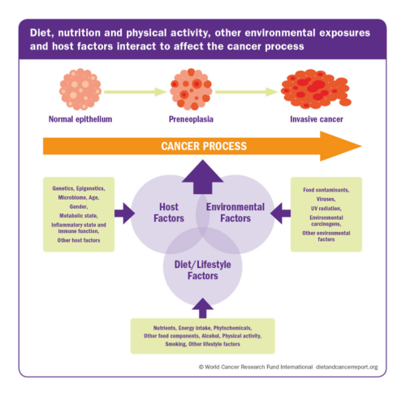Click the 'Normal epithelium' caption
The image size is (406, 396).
tap(80, 122)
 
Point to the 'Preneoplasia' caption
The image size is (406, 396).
tap(192, 122)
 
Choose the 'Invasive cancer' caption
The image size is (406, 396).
tap(313, 122)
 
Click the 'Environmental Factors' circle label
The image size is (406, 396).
tap(235, 213)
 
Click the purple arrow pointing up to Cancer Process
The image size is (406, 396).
tap(201, 174)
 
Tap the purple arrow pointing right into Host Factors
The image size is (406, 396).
tap(123, 214)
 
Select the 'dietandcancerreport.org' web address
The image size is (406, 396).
tap(347, 368)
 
